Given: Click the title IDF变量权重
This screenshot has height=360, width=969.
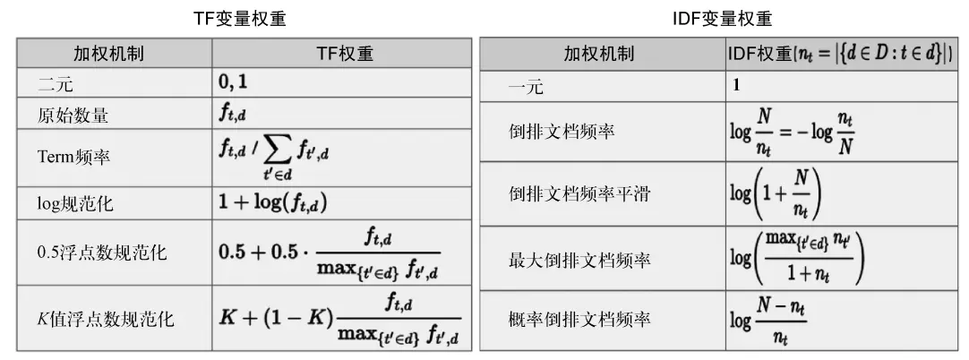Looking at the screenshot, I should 724,18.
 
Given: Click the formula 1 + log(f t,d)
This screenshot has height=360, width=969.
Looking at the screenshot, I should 273,203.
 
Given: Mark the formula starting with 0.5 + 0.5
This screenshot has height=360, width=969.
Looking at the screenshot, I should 330,253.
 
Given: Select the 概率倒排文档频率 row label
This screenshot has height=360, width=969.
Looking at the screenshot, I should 579,318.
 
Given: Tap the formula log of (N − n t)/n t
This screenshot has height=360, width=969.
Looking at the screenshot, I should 768,319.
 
